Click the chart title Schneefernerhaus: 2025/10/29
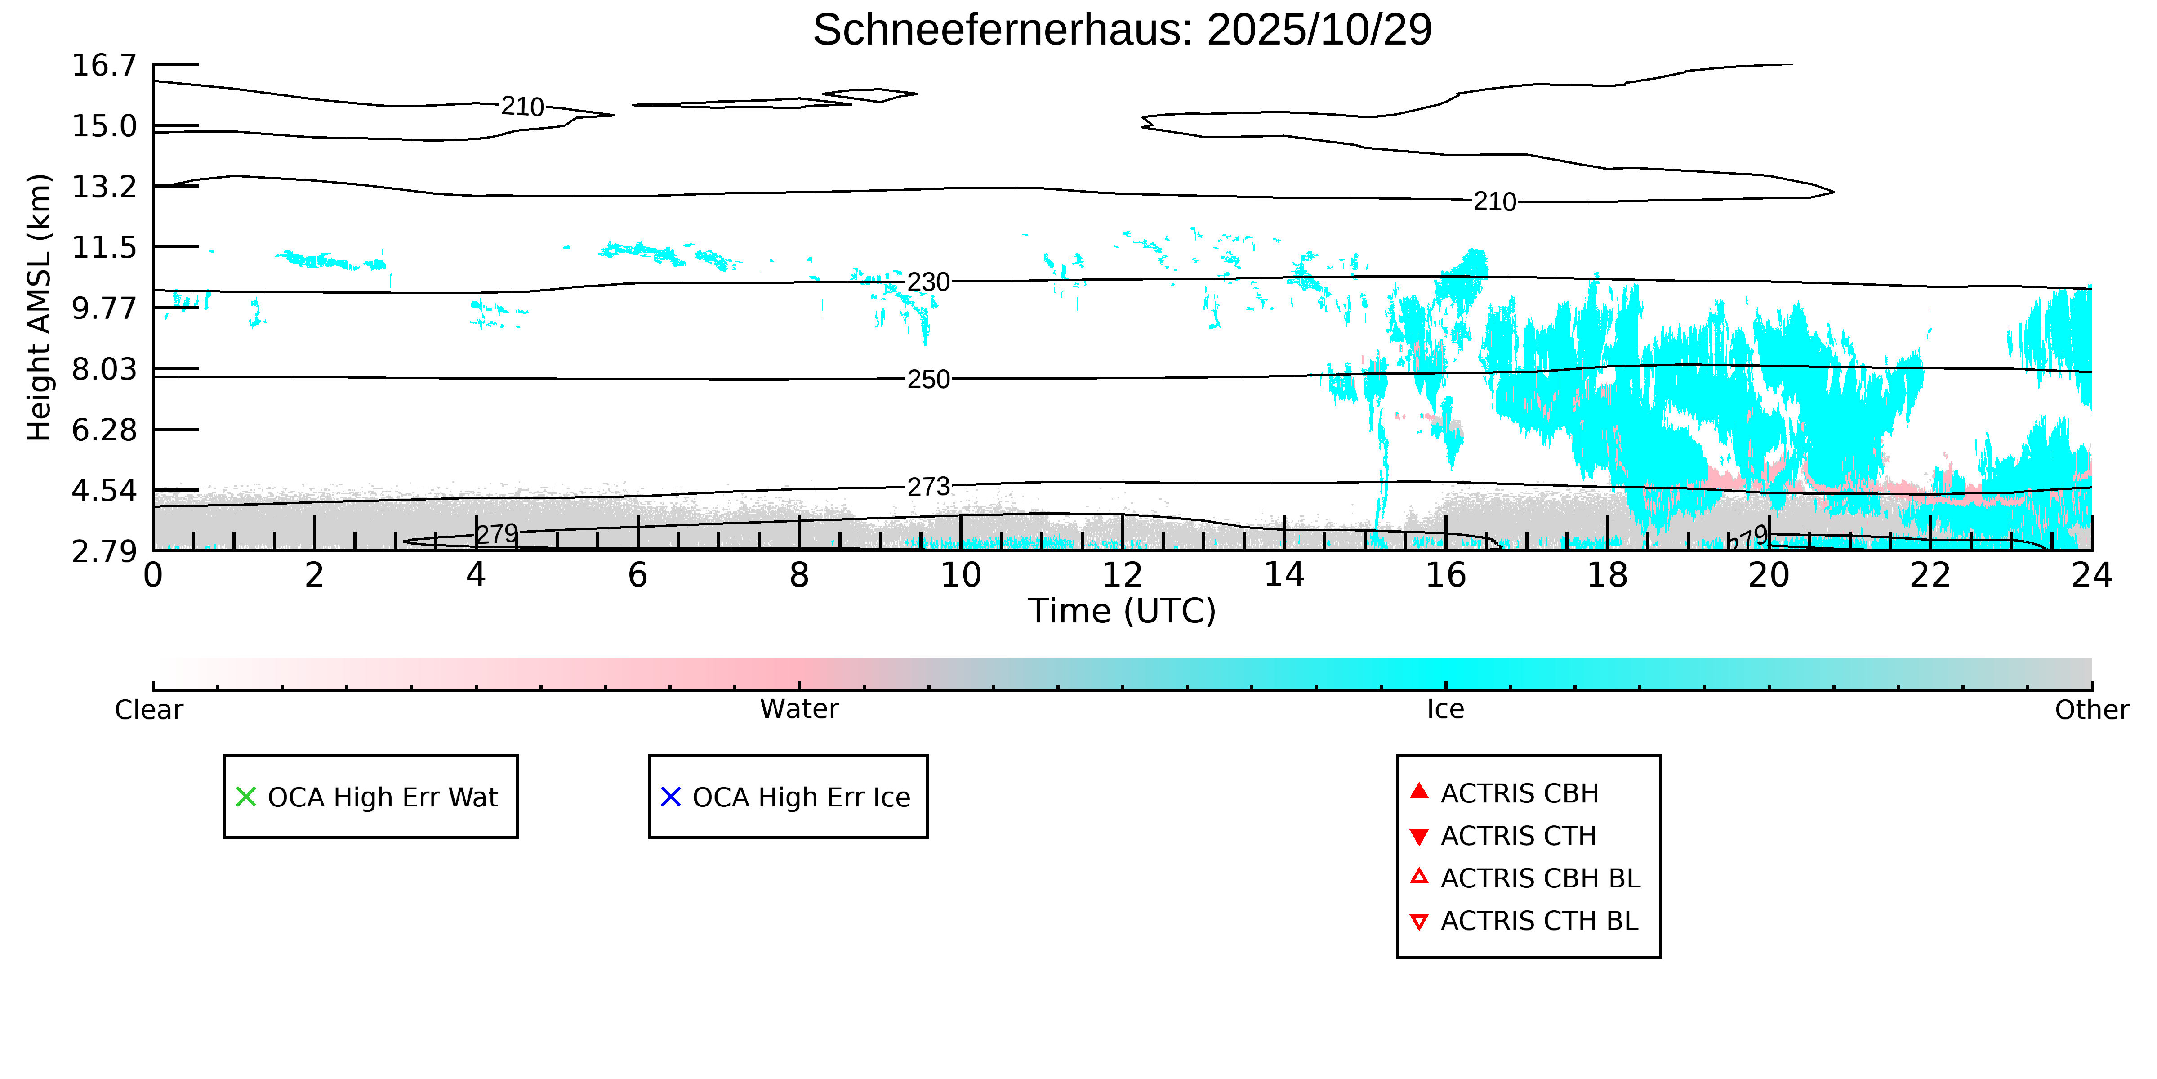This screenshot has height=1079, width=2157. tap(1122, 30)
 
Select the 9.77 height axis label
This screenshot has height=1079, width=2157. tap(104, 308)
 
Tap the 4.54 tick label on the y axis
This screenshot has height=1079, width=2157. tap(104, 491)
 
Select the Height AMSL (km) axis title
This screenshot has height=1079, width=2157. tap(40, 308)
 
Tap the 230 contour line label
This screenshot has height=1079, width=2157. tap(929, 282)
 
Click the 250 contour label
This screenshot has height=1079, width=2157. tap(929, 380)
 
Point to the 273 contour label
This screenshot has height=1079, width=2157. tap(929, 487)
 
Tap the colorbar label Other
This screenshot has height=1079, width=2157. tap(2091, 710)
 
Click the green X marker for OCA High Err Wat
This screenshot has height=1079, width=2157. tap(246, 797)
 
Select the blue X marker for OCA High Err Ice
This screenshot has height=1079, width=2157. tap(671, 797)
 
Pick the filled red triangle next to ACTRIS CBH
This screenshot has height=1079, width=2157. tap(1418, 791)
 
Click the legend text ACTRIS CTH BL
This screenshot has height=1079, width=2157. tap(1539, 921)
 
